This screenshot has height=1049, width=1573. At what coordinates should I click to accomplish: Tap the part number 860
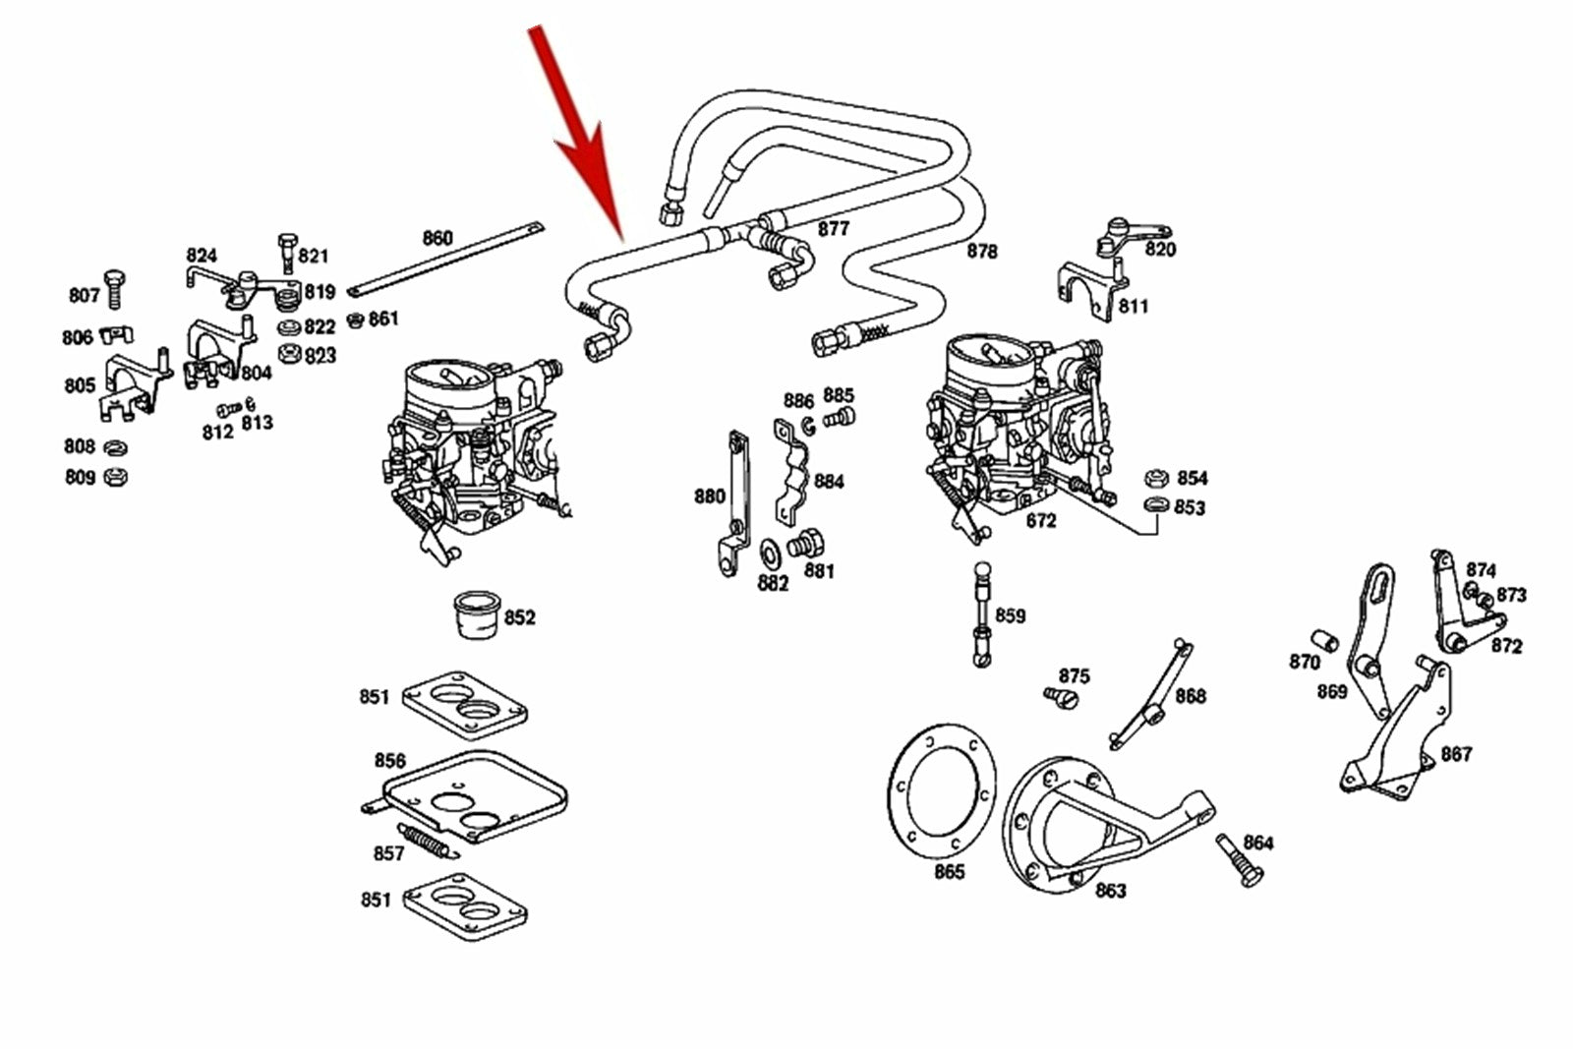point(437,238)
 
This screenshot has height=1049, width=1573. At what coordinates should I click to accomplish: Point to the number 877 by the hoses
point(833,229)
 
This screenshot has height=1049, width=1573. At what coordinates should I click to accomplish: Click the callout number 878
point(981,251)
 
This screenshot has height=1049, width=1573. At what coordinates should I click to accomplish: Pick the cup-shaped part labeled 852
point(476,614)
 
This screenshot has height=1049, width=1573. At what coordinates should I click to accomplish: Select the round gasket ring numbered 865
point(942,789)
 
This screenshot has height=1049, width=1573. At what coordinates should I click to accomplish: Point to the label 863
point(1110,891)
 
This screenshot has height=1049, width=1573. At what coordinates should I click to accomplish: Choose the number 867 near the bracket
point(1456,754)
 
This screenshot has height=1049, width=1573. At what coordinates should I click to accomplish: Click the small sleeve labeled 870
point(1324,641)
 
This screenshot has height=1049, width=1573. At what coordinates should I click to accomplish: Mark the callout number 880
point(709,496)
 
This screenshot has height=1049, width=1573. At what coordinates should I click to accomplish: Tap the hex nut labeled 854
point(1156,479)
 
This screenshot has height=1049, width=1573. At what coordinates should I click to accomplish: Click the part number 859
point(1010,615)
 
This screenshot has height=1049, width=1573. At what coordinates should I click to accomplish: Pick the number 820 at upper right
point(1160,250)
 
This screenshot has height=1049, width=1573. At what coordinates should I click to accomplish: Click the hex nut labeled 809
point(115,478)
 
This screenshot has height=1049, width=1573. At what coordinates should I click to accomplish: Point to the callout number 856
point(389,761)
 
